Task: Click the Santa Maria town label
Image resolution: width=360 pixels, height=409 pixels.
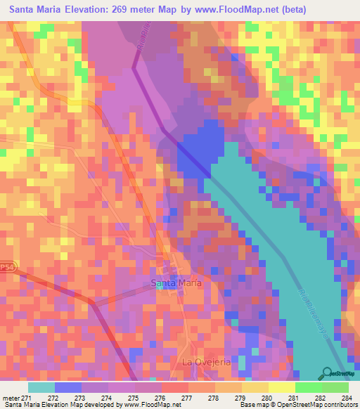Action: click(176, 283)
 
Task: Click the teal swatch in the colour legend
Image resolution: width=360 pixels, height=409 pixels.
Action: click(41, 387)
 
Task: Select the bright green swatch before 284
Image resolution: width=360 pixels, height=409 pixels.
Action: click(335, 387)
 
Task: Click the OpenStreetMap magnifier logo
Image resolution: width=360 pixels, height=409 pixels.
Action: click(326, 372)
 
